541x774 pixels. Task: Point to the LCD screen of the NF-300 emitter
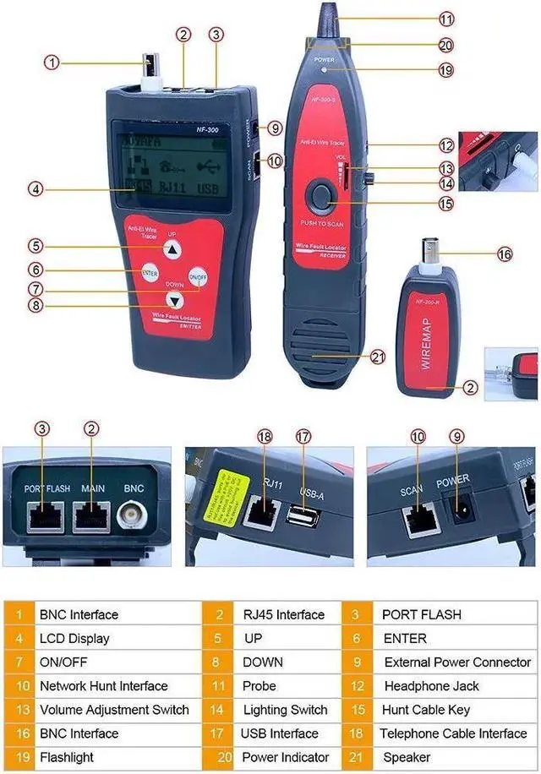[168, 166]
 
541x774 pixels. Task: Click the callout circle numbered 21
[378, 356]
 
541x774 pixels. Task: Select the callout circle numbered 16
[505, 253]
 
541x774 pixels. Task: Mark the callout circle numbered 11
[446, 18]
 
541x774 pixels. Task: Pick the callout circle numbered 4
[35, 189]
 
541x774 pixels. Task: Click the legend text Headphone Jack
[431, 686]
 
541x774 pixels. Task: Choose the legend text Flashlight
[67, 757]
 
